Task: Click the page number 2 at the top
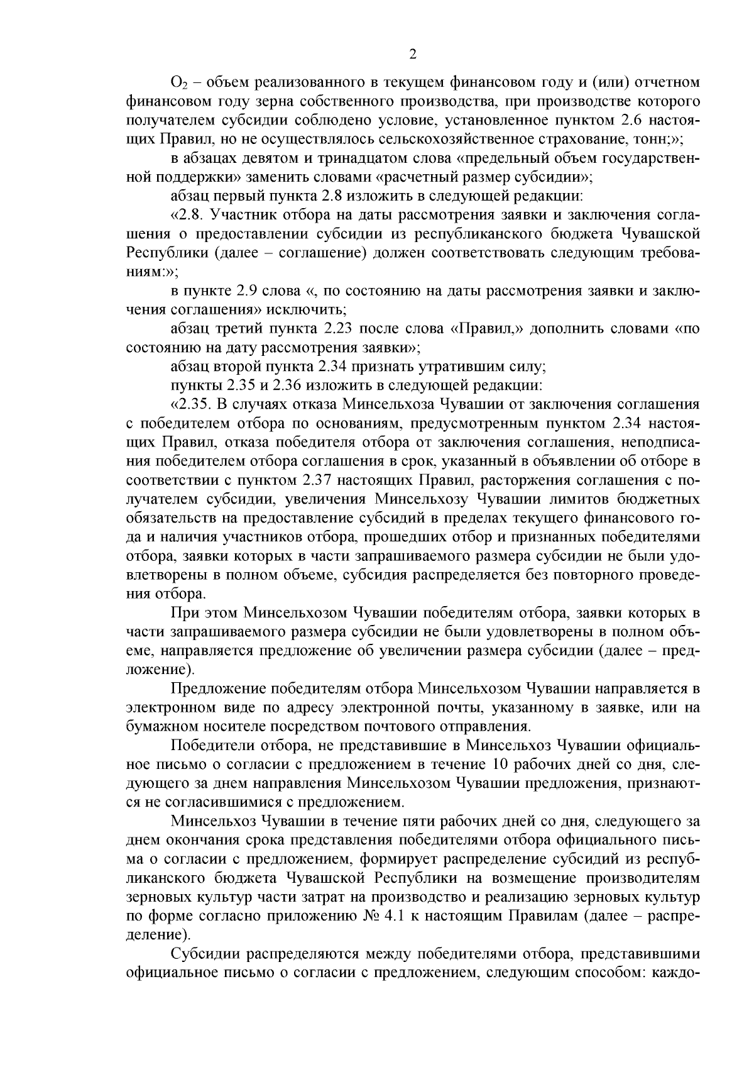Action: click(413, 55)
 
